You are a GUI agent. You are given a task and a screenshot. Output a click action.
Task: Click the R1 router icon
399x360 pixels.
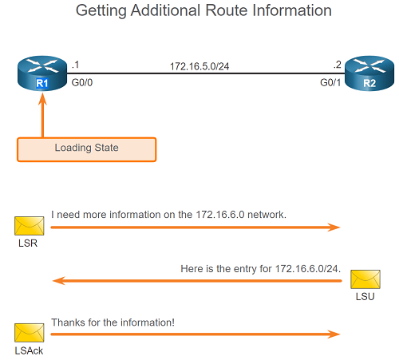42,73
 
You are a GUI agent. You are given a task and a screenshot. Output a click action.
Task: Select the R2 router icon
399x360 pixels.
369,73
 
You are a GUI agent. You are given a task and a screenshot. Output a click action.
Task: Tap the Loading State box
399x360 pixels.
87,149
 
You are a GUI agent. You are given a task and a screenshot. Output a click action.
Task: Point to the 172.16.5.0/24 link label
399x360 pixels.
199,66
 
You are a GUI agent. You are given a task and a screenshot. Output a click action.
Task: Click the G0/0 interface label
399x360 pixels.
82,83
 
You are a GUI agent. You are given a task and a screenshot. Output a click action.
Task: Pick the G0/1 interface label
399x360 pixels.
330,83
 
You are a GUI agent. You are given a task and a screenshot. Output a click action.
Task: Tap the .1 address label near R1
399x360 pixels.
75,65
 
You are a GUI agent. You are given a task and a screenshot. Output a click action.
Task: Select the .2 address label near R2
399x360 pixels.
338,65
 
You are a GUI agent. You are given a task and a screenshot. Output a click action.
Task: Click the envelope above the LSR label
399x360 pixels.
30,226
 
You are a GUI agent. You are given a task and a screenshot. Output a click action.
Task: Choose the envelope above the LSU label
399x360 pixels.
365,279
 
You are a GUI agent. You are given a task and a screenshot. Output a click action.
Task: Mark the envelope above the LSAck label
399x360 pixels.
30,333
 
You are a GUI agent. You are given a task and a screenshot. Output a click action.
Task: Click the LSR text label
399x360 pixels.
28,243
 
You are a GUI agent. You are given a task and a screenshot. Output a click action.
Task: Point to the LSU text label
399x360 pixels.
365,297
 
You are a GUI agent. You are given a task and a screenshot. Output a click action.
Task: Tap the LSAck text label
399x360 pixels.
29,350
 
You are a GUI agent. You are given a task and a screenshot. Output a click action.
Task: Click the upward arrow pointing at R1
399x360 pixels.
42,115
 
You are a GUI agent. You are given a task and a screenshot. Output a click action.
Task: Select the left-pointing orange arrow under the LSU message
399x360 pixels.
197,281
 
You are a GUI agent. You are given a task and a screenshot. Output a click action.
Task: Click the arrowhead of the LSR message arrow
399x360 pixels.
334,227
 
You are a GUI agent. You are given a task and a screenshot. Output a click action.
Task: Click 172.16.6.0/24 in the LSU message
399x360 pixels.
306,269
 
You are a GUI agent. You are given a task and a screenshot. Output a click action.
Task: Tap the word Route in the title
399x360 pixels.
227,10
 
